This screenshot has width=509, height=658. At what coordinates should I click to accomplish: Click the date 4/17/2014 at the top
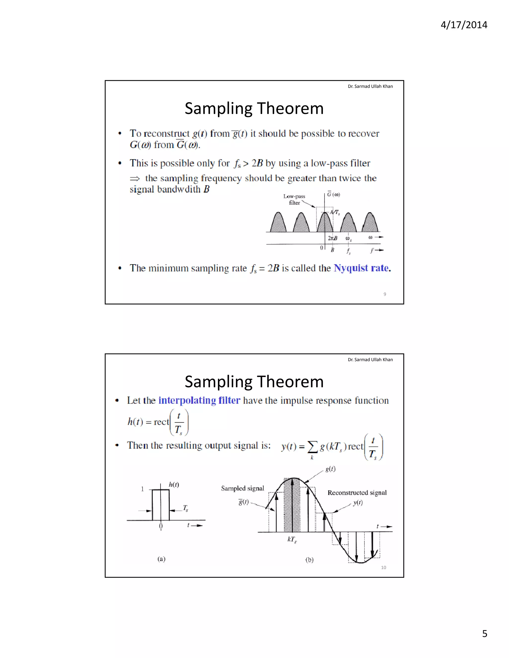[464, 25]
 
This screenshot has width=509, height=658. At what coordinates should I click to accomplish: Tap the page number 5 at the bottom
[485, 634]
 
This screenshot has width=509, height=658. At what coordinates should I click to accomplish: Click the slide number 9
[384, 294]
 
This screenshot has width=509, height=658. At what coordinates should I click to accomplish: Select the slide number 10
[383, 567]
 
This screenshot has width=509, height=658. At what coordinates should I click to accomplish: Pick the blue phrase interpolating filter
[199, 401]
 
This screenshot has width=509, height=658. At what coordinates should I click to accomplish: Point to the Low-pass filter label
[294, 199]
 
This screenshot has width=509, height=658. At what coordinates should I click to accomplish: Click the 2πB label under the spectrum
[332, 238]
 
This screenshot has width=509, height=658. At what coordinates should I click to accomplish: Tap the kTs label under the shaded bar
[292, 539]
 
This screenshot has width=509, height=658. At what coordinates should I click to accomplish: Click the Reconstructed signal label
[357, 493]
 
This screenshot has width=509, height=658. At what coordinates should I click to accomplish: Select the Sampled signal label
[242, 488]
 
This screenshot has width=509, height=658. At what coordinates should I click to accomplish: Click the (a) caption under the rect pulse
[161, 559]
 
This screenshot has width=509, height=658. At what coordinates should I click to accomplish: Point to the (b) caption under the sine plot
[309, 560]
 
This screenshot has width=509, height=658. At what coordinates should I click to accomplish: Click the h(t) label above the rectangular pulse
[174, 484]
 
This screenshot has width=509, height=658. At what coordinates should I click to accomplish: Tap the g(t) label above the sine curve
[330, 469]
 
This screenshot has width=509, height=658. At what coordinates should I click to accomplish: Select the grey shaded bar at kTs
[292, 506]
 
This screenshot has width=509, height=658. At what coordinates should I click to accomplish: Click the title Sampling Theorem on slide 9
[254, 109]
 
